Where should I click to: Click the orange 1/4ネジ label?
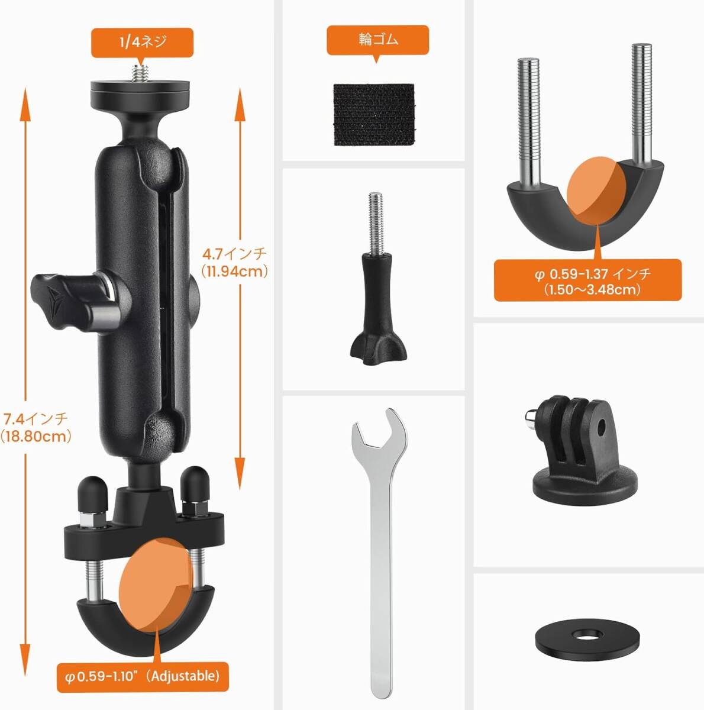142,43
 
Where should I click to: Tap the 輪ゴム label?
378,40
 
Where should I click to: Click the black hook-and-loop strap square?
374,115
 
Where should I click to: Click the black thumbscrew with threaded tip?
378,279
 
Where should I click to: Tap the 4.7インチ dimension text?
234,254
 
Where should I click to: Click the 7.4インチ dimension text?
35,419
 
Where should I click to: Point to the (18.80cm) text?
35,437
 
